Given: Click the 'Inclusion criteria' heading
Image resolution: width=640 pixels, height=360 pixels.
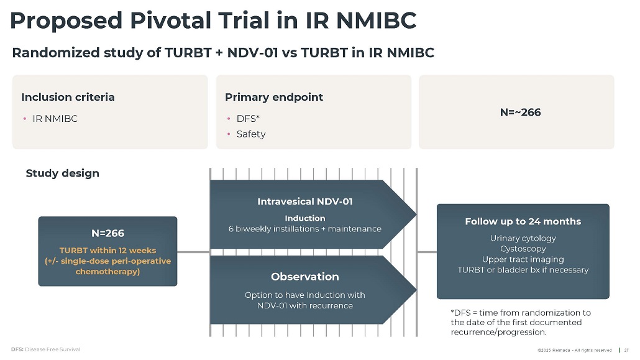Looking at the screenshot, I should click(68, 97).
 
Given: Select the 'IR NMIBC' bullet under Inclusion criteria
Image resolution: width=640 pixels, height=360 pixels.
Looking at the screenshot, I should click(55, 118).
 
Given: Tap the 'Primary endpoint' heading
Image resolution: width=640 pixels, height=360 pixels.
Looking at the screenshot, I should click(274, 97).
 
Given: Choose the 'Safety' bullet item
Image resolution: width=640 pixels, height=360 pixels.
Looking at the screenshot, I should click(251, 134).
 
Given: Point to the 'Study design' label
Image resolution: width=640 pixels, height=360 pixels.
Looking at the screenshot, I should click(62, 173).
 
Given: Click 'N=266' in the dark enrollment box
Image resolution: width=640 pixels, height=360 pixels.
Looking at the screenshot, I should click(107, 233).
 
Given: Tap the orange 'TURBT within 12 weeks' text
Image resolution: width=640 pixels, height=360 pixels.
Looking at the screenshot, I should click(107, 251).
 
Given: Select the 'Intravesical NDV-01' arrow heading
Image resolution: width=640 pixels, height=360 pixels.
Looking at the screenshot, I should click(305, 201).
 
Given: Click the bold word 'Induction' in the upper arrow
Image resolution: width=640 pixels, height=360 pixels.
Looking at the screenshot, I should click(305, 218).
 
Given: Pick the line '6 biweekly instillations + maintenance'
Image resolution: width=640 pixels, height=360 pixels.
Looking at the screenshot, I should click(305, 229).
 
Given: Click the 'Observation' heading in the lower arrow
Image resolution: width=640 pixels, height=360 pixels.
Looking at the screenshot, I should click(305, 276).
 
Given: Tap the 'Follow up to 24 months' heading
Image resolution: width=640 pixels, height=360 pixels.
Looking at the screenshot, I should click(523, 221).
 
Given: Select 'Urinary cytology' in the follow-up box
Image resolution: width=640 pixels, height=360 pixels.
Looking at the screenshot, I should click(523, 238).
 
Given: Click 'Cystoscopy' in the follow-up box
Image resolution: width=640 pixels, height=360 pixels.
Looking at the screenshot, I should click(523, 249).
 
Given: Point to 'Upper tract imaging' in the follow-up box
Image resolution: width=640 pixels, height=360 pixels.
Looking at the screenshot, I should click(523, 259).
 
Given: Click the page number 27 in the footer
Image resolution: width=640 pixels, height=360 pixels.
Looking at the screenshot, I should click(626, 349).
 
